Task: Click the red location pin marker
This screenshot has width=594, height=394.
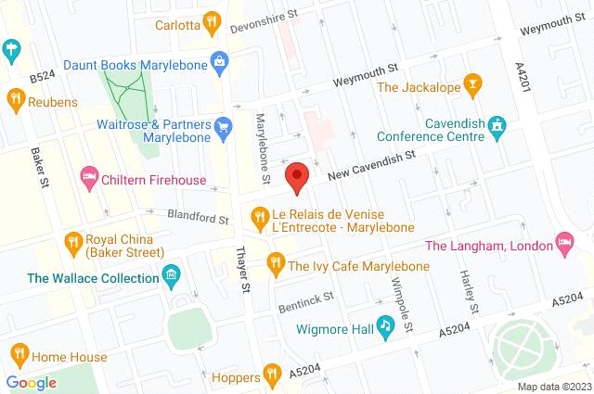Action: pyautogui.click(x=297, y=176)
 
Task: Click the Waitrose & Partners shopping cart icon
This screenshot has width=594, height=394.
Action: pyautogui.click(x=222, y=125)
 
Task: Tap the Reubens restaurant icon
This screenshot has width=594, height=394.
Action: pyautogui.click(x=16, y=99)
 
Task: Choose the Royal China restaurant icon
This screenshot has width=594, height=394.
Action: pyautogui.click(x=72, y=243)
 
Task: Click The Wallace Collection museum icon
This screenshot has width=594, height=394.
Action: pyautogui.click(x=170, y=276)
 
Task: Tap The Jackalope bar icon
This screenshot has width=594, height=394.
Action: pyautogui.click(x=472, y=86)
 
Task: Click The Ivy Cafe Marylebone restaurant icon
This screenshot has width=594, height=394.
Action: pyautogui.click(x=275, y=265)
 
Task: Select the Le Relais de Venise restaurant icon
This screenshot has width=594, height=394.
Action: pyautogui.click(x=260, y=218)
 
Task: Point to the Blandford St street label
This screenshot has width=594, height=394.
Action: pyautogui.click(x=197, y=216)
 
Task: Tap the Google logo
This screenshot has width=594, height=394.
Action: pyautogui.click(x=31, y=382)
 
